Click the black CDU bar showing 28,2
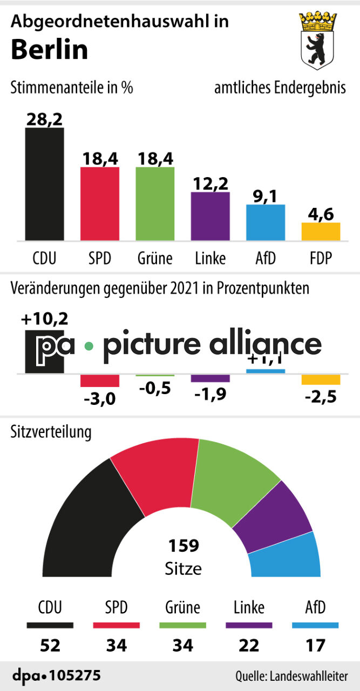[45, 184]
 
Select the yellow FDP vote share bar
[321, 231]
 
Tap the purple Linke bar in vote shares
[210, 216]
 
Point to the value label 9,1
[265, 196]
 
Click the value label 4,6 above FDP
[321, 214]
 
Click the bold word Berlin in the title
[49, 50]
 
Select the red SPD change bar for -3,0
[100, 380]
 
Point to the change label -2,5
[321, 398]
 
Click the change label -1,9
[210, 395]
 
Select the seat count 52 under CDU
[50, 645]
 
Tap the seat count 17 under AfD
[315, 645]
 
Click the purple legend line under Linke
[249, 626]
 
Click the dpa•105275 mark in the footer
[56, 675]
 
